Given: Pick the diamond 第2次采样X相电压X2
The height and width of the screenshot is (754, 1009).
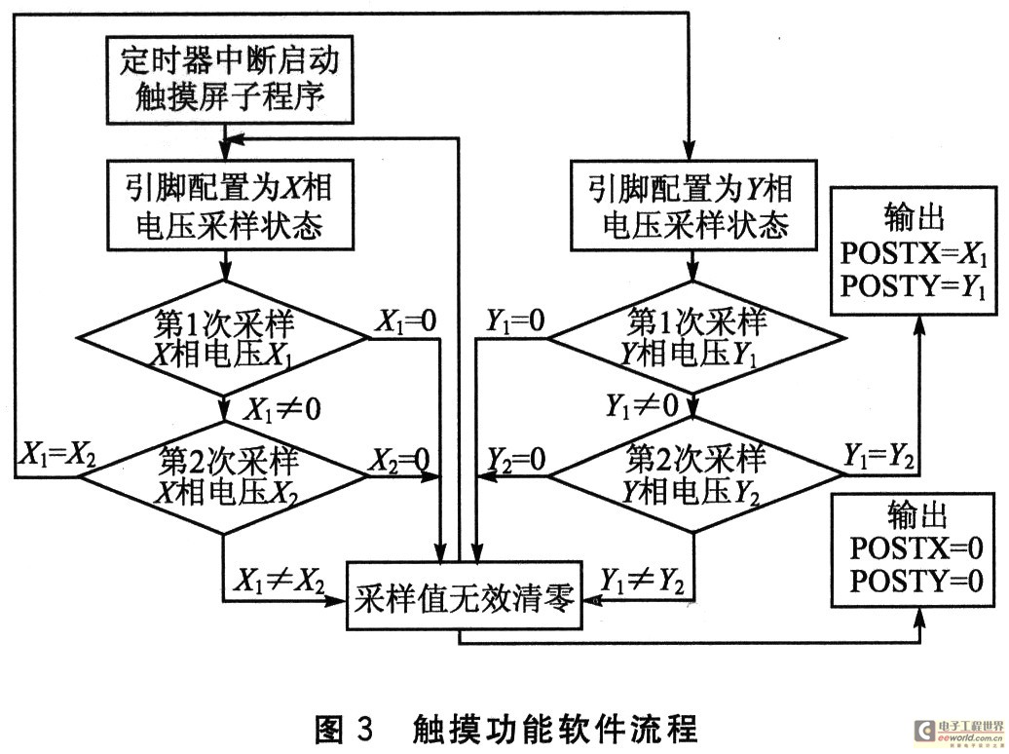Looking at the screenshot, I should (x=224, y=476).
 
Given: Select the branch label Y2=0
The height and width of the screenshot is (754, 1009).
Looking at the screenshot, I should (x=516, y=459).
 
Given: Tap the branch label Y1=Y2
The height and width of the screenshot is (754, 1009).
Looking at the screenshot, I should (x=878, y=456).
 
